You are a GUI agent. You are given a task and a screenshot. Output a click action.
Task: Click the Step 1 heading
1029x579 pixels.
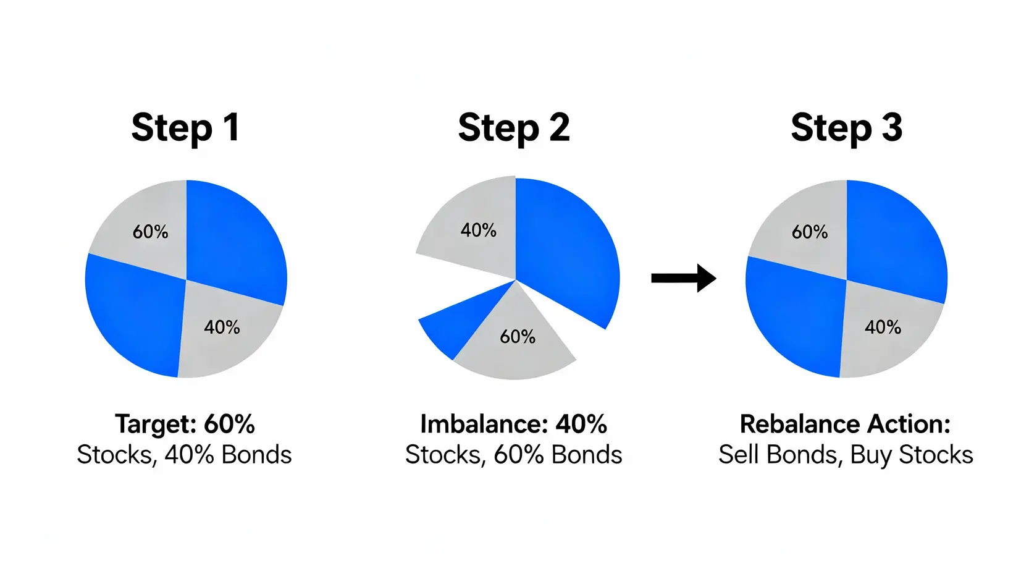pyautogui.click(x=185, y=128)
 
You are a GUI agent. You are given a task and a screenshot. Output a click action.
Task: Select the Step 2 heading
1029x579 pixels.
pyautogui.click(x=514, y=128)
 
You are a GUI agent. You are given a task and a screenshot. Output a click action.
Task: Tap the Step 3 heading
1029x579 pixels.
pyautogui.click(x=846, y=128)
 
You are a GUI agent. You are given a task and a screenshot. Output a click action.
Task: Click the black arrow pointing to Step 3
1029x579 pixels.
pyautogui.click(x=684, y=278)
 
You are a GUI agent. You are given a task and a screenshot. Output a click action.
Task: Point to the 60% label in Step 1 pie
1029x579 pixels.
pyautogui.click(x=150, y=232)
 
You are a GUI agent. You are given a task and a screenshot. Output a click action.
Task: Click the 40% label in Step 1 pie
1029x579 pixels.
pyautogui.click(x=222, y=327)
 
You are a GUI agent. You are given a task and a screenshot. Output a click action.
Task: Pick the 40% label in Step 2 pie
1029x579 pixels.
pyautogui.click(x=478, y=230)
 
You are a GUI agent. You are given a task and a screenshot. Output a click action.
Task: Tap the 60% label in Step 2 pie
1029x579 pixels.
pyautogui.click(x=517, y=337)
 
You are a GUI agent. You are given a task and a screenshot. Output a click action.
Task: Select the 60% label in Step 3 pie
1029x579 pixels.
pyautogui.click(x=809, y=232)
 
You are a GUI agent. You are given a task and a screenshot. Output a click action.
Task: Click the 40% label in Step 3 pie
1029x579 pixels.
pyautogui.click(x=883, y=327)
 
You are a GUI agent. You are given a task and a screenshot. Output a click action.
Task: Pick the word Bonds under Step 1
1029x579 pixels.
pyautogui.click(x=256, y=455)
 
